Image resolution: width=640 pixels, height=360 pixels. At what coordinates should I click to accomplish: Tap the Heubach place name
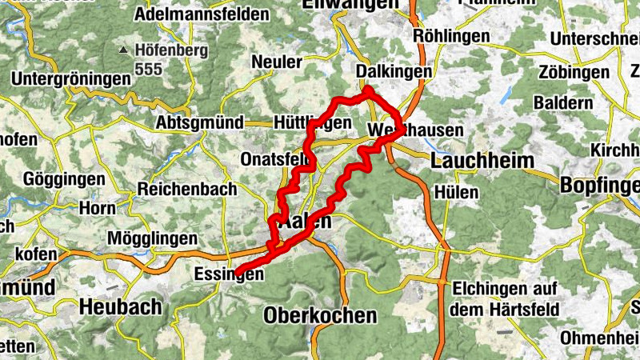[x=120, y=306]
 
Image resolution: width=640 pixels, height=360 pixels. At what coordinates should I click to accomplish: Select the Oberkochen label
[x=319, y=314]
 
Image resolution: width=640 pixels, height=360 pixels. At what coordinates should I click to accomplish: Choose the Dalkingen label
[x=394, y=72]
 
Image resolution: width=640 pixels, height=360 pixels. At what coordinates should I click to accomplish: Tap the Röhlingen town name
[x=452, y=37]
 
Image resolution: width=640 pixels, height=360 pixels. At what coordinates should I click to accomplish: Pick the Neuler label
[x=277, y=62]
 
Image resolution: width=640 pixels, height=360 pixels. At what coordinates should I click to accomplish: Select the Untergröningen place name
[x=71, y=79]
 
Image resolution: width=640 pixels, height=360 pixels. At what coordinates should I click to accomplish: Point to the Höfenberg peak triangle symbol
[x=122, y=50]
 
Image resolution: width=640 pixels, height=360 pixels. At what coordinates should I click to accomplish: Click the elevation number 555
[x=148, y=69]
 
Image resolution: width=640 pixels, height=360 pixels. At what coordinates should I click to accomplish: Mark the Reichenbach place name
[x=187, y=190]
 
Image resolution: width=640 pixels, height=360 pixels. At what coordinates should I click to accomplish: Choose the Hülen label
[x=457, y=192]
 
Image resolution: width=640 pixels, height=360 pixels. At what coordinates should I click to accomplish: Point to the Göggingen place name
[x=65, y=178]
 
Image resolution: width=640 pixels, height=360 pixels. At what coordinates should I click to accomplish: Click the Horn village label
[x=97, y=208]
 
